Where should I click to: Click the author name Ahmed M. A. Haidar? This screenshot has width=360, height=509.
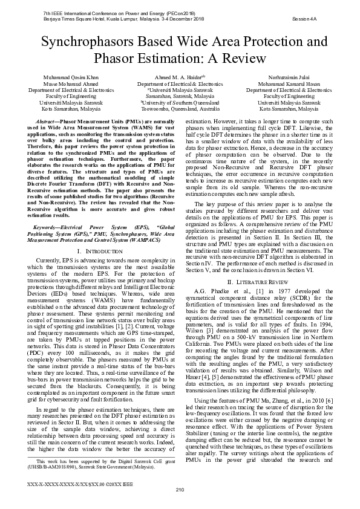tap(180, 78)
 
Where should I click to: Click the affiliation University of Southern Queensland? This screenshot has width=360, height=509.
tap(180, 103)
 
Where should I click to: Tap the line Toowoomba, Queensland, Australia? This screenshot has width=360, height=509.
tap(180, 109)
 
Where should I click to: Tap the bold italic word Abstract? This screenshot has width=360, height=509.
tap(51, 122)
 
